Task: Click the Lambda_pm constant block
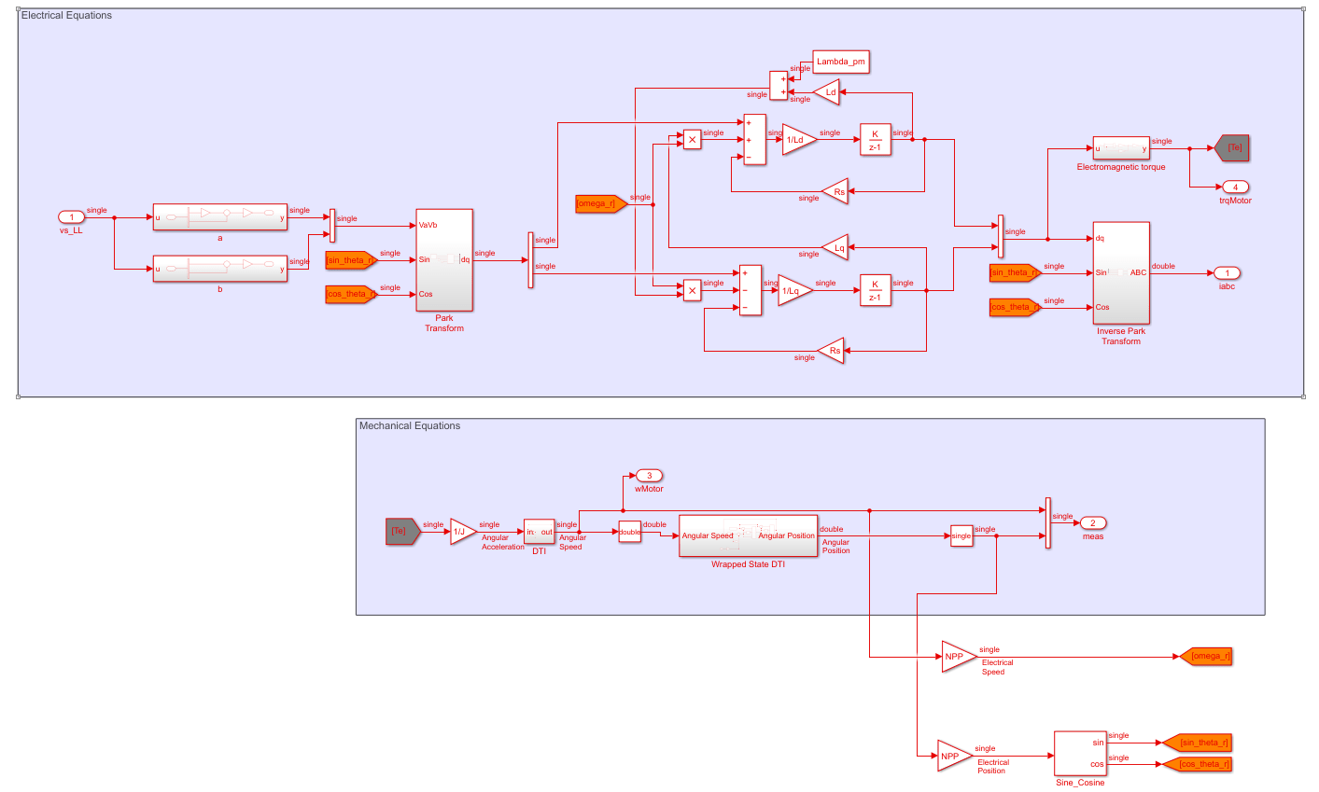(840, 63)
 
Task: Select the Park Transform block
(444, 260)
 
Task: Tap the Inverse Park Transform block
(1120, 273)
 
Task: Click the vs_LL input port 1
(71, 218)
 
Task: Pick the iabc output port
(1227, 273)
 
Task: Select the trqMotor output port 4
(1235, 188)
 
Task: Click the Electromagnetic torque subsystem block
(1121, 148)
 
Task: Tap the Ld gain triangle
(827, 92)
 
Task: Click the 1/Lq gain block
(794, 290)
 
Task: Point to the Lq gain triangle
(835, 247)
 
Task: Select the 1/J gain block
(462, 532)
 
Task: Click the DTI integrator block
(539, 532)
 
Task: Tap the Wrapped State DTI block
(748, 535)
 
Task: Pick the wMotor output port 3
(649, 476)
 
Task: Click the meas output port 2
(1093, 523)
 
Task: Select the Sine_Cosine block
(1080, 753)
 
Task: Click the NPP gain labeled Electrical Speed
(957, 657)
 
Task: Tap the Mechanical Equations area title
(410, 426)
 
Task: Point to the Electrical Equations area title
(66, 16)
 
